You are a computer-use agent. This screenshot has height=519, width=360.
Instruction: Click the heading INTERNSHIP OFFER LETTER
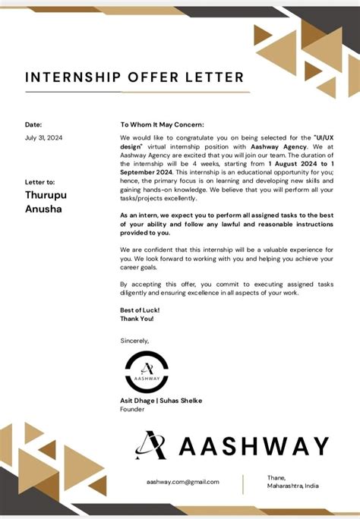[135, 77]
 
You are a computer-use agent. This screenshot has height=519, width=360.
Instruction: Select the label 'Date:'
[33, 124]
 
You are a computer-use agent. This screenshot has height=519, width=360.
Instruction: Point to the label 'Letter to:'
[39, 182]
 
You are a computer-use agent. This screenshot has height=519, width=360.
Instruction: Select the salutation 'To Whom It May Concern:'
[162, 124]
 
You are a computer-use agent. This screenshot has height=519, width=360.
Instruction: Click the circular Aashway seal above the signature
[147, 372]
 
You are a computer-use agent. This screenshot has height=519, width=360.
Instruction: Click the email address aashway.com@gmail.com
[183, 482]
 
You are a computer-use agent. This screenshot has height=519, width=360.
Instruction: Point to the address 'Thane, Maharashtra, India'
[292, 482]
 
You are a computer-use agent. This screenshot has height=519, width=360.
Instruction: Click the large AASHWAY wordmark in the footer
[254, 446]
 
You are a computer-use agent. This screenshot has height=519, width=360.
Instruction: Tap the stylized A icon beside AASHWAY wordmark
[151, 445]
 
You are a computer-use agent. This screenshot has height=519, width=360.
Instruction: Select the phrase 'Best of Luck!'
[140, 310]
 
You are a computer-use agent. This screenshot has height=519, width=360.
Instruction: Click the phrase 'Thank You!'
[138, 319]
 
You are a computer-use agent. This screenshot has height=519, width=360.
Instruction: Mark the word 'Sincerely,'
[135, 341]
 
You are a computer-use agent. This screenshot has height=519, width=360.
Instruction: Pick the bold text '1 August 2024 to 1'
[300, 164]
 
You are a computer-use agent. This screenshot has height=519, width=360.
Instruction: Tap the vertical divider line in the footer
[243, 483]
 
